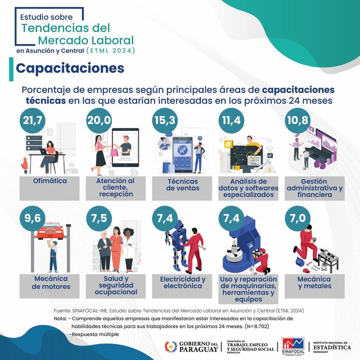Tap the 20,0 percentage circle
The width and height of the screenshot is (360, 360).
[99, 120]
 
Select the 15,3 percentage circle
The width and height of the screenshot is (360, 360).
[166, 120]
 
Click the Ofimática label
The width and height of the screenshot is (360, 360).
[50, 181]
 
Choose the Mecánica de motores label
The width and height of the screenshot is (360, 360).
[51, 283]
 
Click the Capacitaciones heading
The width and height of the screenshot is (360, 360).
[70, 68]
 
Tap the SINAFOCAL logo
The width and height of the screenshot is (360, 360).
[294, 346]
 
